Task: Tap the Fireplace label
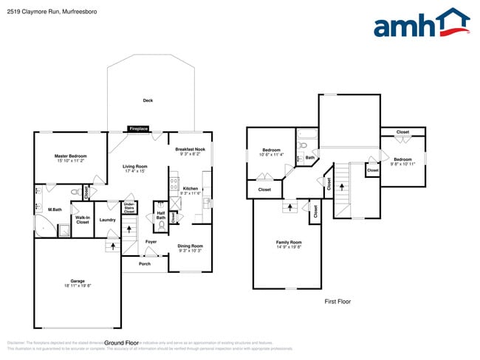coord(138,129)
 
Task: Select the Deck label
coord(148,100)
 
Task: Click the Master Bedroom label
coord(71,156)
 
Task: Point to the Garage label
coord(78,282)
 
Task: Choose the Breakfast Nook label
coord(190,149)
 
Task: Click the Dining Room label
coord(190,246)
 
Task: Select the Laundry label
coord(107,219)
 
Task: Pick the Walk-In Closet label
coord(82,220)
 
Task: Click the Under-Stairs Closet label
coord(128,208)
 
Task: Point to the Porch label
coord(145,263)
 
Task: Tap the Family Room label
coord(289,242)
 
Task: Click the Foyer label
coord(151,241)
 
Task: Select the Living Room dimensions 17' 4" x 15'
coord(135,172)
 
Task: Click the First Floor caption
coord(337,301)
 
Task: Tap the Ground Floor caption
coord(122,343)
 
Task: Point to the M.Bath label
coord(55,210)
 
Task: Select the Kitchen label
coord(190,188)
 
